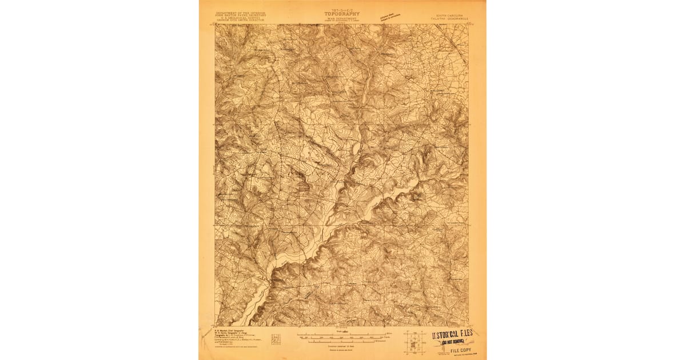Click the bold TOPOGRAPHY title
click(x=342, y=13)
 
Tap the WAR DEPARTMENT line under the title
click(x=342, y=18)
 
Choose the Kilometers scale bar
click(x=342, y=341)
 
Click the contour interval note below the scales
click(x=342, y=345)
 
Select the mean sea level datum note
click(x=342, y=349)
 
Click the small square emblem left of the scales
click(x=276, y=338)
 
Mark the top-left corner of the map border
click(x=215, y=24)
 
